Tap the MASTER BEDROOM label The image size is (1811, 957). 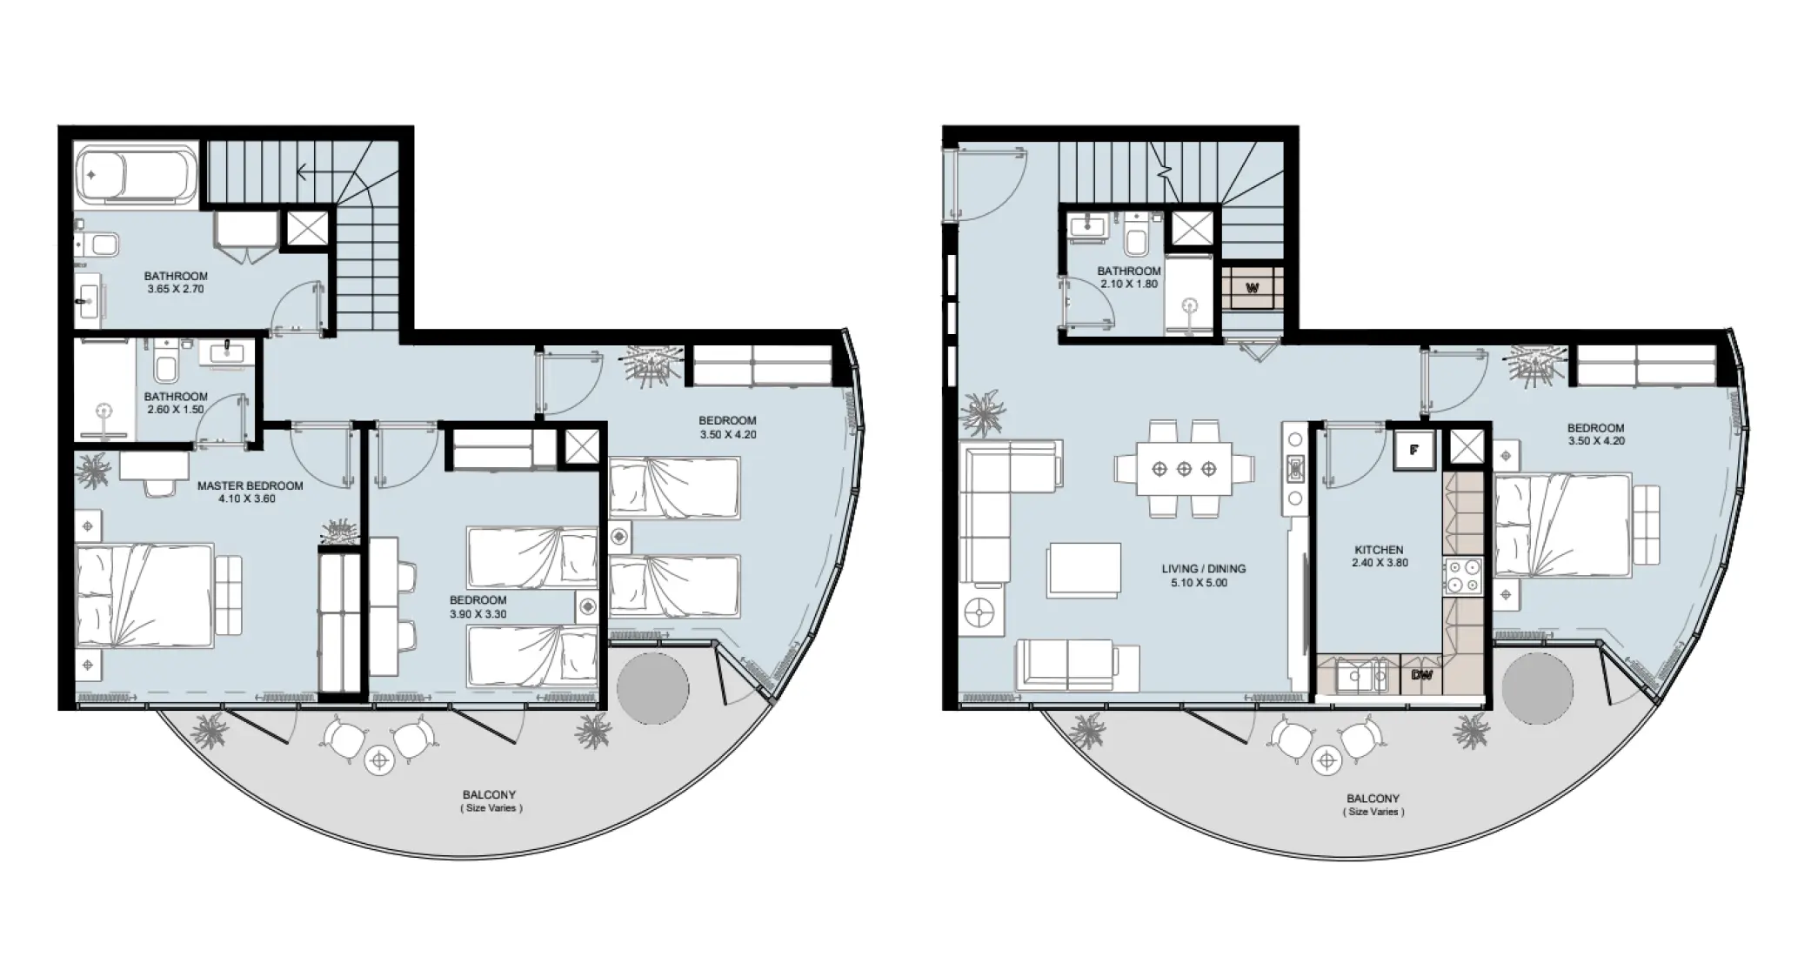pyautogui.click(x=250, y=486)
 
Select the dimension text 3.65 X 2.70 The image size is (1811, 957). pyautogui.click(x=176, y=289)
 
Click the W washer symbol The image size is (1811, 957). pyautogui.click(x=1253, y=288)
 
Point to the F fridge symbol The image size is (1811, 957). pyautogui.click(x=1413, y=451)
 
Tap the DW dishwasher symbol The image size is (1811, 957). pyautogui.click(x=1421, y=675)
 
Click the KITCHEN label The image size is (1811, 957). pyautogui.click(x=1379, y=550)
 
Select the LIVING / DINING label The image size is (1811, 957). pyautogui.click(x=1203, y=569)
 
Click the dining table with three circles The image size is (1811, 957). pyautogui.click(x=1184, y=469)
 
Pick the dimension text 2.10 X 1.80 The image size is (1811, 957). pyautogui.click(x=1129, y=284)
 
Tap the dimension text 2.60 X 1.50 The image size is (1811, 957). pyautogui.click(x=176, y=409)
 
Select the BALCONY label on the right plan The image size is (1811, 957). pyautogui.click(x=1373, y=799)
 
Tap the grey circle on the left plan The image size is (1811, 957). pyautogui.click(x=652, y=689)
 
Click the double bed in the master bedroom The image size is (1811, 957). pyautogui.click(x=144, y=596)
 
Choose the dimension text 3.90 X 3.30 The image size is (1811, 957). pyautogui.click(x=478, y=614)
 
